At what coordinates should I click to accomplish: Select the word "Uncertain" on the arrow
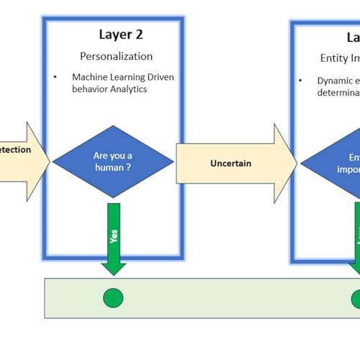point(230,163)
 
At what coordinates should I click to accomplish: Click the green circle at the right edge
point(356,298)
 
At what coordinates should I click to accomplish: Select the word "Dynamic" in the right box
point(334,81)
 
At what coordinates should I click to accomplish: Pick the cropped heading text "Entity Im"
point(339,58)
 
